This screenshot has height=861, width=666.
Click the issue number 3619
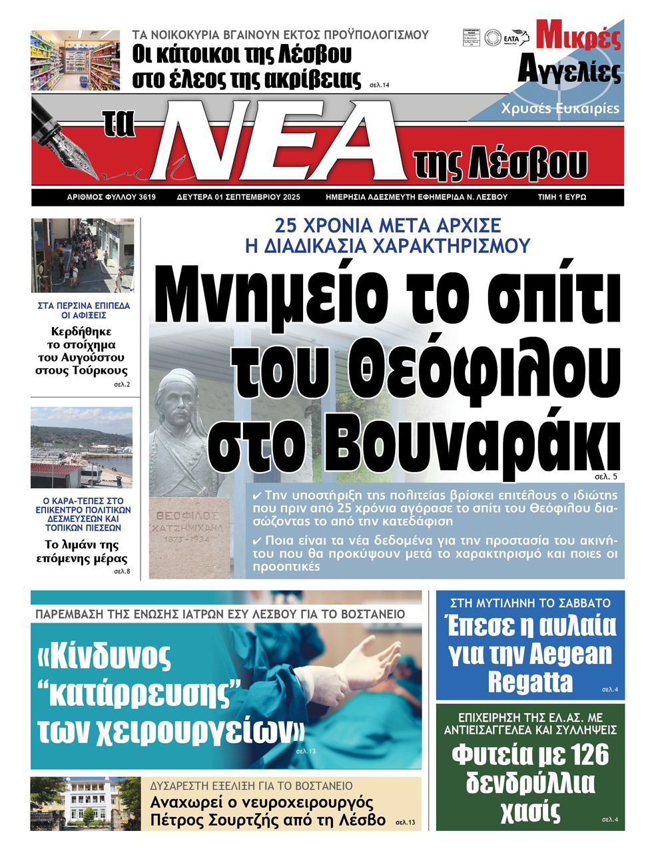coord(147,197)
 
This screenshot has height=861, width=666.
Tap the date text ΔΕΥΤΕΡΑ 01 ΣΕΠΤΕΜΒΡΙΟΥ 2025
coord(238,197)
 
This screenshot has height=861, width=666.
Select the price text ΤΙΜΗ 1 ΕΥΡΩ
coord(561,197)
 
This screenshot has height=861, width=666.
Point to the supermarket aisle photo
coord(75,61)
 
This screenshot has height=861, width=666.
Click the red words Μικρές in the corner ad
coord(577,37)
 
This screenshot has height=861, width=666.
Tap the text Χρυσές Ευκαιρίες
coord(560,109)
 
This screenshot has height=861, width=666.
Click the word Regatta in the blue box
coord(529,683)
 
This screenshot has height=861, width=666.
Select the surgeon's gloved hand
coord(359,660)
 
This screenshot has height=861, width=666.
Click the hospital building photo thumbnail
coord(85,804)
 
